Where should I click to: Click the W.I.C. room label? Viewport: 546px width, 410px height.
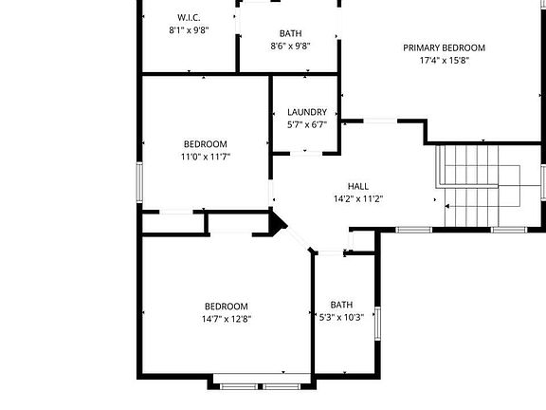(189, 18)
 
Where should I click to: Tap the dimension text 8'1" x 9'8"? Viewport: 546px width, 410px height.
(189, 30)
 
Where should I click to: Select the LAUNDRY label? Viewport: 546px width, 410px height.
(307, 111)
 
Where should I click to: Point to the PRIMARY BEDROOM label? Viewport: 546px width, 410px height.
(444, 48)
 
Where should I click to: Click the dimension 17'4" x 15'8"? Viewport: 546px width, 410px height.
(444, 61)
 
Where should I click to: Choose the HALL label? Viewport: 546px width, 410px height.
(358, 187)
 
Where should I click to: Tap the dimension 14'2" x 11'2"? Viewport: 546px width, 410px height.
(358, 199)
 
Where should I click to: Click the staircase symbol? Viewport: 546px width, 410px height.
(482, 186)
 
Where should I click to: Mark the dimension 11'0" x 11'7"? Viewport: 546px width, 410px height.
(206, 157)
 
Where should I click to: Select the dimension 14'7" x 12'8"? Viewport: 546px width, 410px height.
(226, 319)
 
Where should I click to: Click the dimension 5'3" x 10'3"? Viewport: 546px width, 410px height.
(342, 317)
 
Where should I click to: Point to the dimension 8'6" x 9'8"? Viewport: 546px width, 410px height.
(290, 46)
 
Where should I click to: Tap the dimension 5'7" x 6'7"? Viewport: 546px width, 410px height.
(307, 123)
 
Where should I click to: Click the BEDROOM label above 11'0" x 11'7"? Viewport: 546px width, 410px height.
(206, 144)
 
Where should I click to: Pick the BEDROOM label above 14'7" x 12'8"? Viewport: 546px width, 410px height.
(226, 306)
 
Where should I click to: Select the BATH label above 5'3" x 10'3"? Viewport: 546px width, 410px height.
(342, 305)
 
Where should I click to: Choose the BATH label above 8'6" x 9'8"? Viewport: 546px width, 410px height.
(290, 33)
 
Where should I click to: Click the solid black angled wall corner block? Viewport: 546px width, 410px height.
(278, 223)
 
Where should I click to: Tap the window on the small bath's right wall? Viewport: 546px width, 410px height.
(376, 323)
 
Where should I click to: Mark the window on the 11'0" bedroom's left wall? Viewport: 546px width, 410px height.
(140, 181)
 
